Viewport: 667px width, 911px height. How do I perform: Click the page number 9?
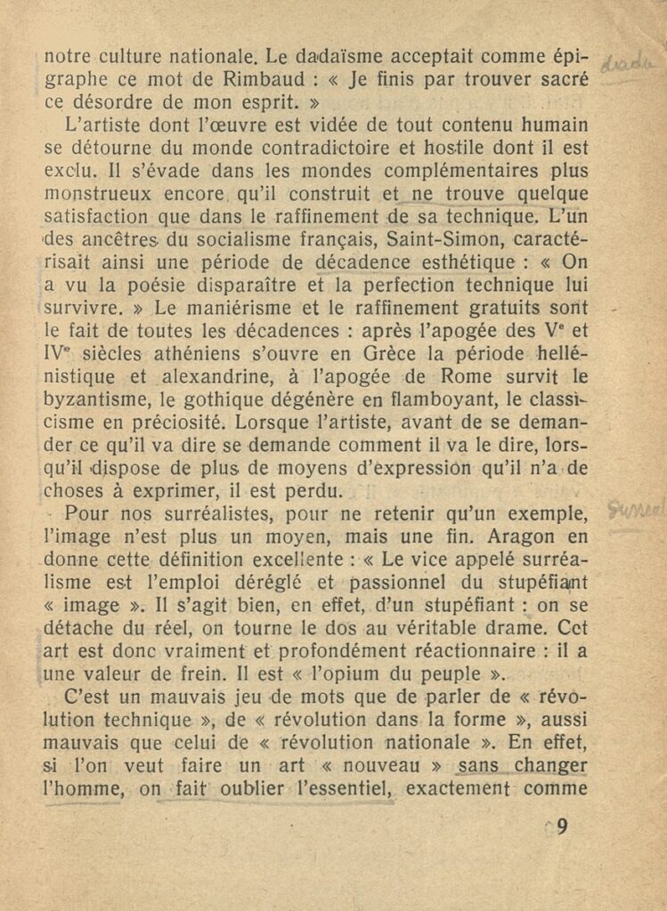(562, 826)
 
